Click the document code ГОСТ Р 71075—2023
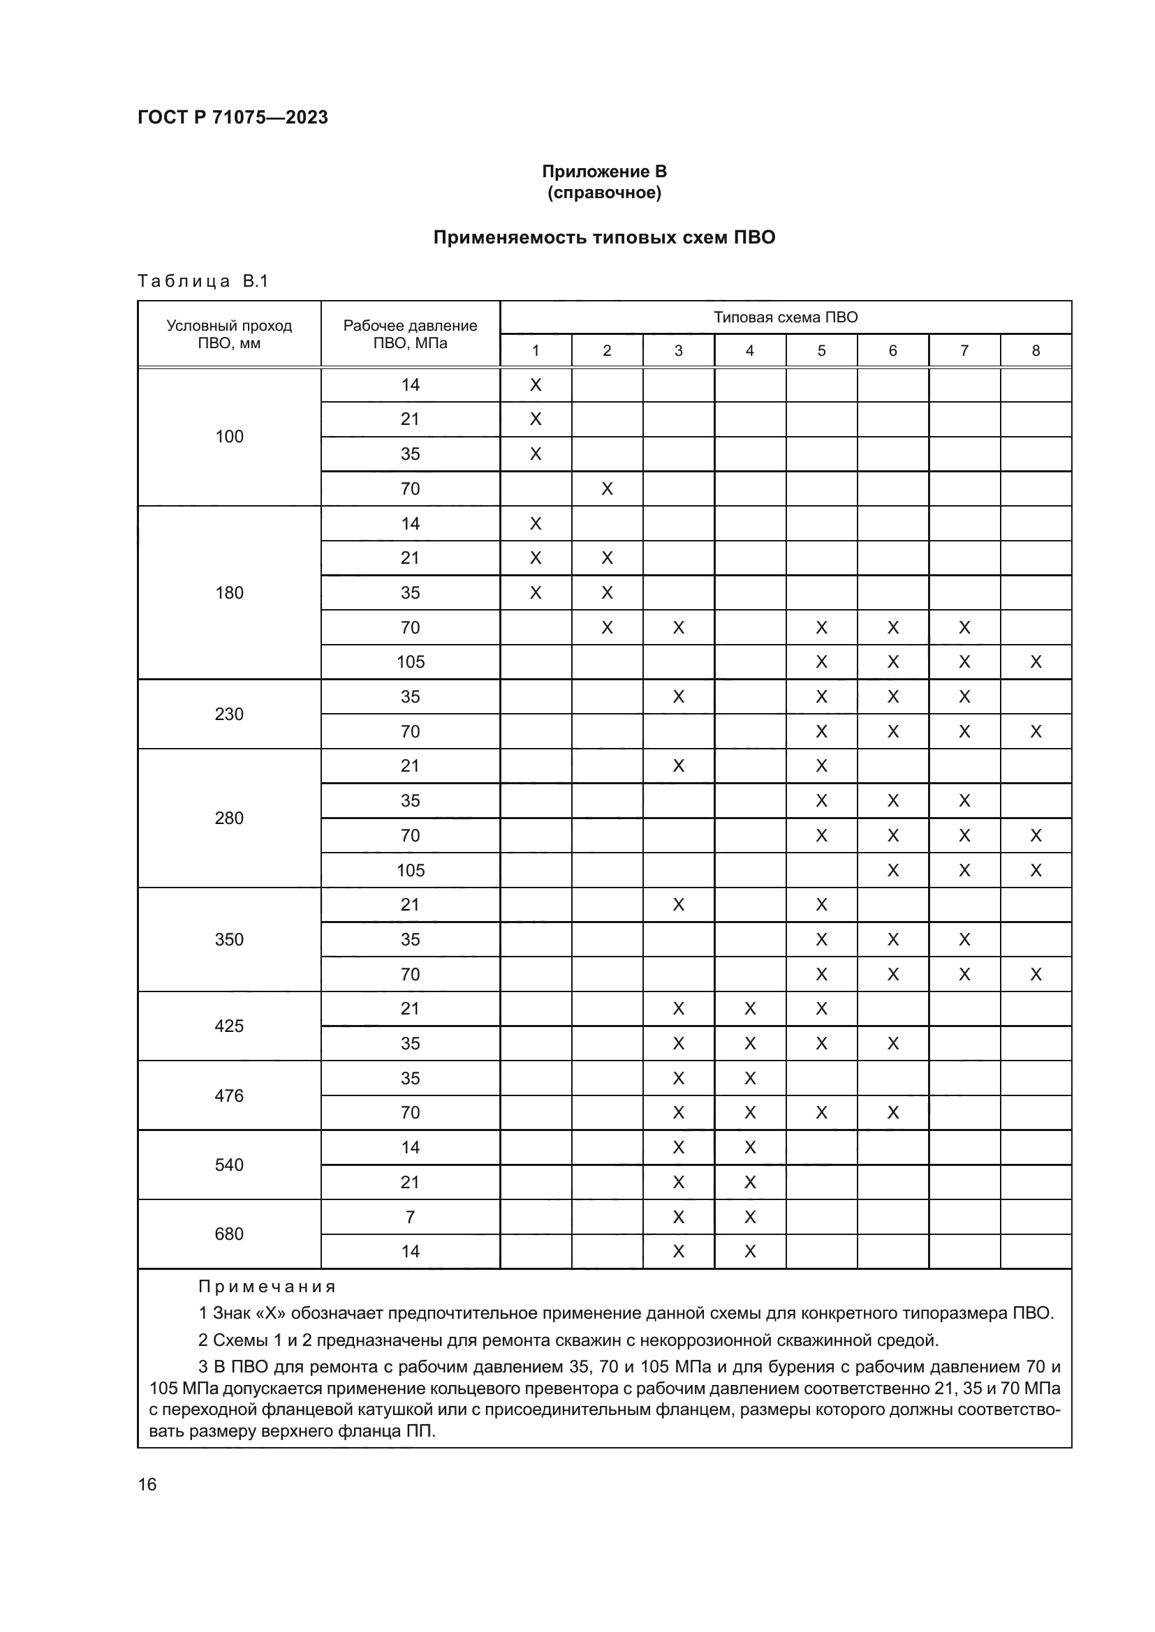233,117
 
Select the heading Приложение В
604,172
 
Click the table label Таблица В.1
203,281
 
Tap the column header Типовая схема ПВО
785,317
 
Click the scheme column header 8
1036,350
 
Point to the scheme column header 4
749,350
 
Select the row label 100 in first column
229,436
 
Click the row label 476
229,1095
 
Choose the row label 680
229,1234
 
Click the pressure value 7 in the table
411,1217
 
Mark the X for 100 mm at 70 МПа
607,489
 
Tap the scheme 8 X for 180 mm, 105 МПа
1036,662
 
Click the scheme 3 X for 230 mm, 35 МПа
679,696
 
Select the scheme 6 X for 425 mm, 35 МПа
892,1043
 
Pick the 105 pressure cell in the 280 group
411,870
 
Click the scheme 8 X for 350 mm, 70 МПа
1036,975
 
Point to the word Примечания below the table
267,1287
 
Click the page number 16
147,1484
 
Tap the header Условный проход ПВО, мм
229,334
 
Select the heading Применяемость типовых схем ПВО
604,237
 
